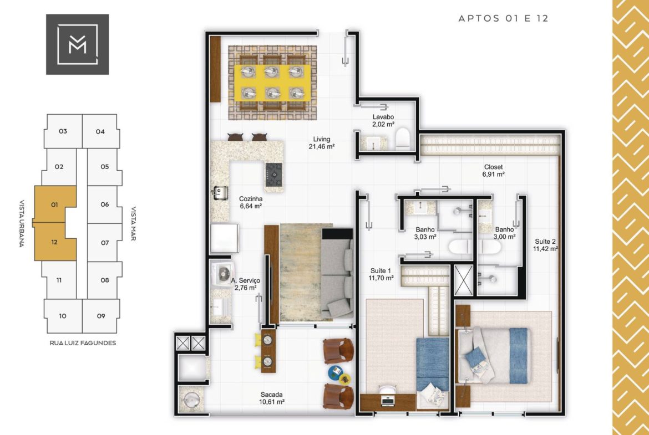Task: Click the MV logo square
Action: pyautogui.click(x=78, y=44)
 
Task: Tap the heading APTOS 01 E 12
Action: pyautogui.click(x=503, y=18)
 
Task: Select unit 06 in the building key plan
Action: pyautogui.click(x=104, y=204)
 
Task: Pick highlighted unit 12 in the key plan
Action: pyautogui.click(x=54, y=242)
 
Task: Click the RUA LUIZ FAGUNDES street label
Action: pyautogui.click(x=83, y=343)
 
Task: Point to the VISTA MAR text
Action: pyautogui.click(x=134, y=223)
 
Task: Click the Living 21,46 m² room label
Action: pyautogui.click(x=322, y=142)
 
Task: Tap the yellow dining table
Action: pyautogui.click(x=272, y=83)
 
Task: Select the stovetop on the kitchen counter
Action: pyautogui.click(x=274, y=174)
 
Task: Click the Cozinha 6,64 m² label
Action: pyautogui.click(x=250, y=202)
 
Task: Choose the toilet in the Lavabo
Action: pyautogui.click(x=402, y=139)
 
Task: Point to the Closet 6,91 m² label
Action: pyautogui.click(x=493, y=170)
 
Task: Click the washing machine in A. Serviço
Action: pyautogui.click(x=222, y=273)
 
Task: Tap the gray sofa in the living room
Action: pyautogui.click(x=337, y=273)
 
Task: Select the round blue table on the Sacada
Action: pyautogui.click(x=336, y=372)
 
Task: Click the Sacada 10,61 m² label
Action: pyautogui.click(x=271, y=398)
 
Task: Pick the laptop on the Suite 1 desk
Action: pyautogui.click(x=387, y=400)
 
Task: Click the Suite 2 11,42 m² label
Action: pyautogui.click(x=545, y=245)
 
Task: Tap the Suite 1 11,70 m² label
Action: pyautogui.click(x=381, y=274)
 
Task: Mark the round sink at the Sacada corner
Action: pyautogui.click(x=191, y=400)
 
